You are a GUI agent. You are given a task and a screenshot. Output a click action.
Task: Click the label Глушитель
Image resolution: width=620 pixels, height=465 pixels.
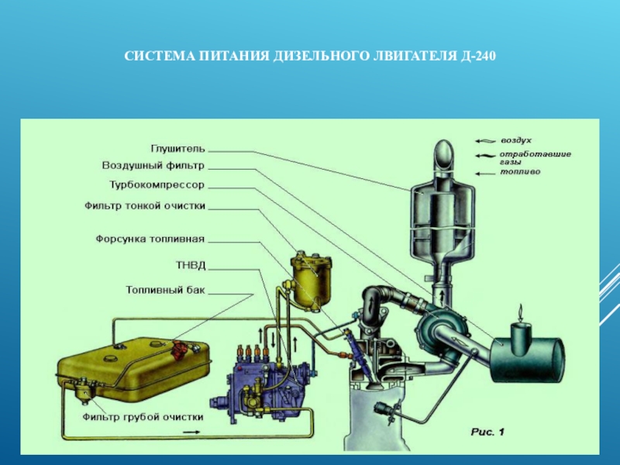(x=178, y=149)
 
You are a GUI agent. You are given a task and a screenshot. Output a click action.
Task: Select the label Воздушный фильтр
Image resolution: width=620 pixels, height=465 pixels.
(x=153, y=166)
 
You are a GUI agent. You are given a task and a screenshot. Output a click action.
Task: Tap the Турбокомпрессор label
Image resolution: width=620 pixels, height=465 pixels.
(x=157, y=185)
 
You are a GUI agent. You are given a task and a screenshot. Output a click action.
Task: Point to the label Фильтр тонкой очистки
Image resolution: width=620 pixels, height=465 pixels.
(x=145, y=206)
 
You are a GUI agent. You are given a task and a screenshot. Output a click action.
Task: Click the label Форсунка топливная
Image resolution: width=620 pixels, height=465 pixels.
(x=150, y=239)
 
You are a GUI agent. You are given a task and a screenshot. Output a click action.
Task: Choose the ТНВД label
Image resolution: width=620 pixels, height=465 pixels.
(x=191, y=265)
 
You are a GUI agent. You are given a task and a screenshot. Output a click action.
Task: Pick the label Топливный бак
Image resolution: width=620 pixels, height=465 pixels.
(x=166, y=290)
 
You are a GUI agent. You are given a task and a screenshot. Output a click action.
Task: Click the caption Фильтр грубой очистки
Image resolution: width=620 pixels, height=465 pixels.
(x=143, y=417)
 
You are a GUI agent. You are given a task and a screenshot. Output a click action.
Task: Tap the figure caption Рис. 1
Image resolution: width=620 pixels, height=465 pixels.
(x=487, y=432)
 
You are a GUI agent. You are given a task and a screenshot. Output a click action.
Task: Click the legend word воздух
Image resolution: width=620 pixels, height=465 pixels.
(x=516, y=140)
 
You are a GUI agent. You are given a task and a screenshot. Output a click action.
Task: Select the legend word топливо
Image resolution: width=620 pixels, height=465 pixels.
(x=520, y=172)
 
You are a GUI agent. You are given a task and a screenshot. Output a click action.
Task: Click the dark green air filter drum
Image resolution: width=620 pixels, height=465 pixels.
(x=527, y=358)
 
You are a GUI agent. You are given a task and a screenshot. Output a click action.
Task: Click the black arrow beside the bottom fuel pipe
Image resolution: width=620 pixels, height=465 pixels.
(x=191, y=432)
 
